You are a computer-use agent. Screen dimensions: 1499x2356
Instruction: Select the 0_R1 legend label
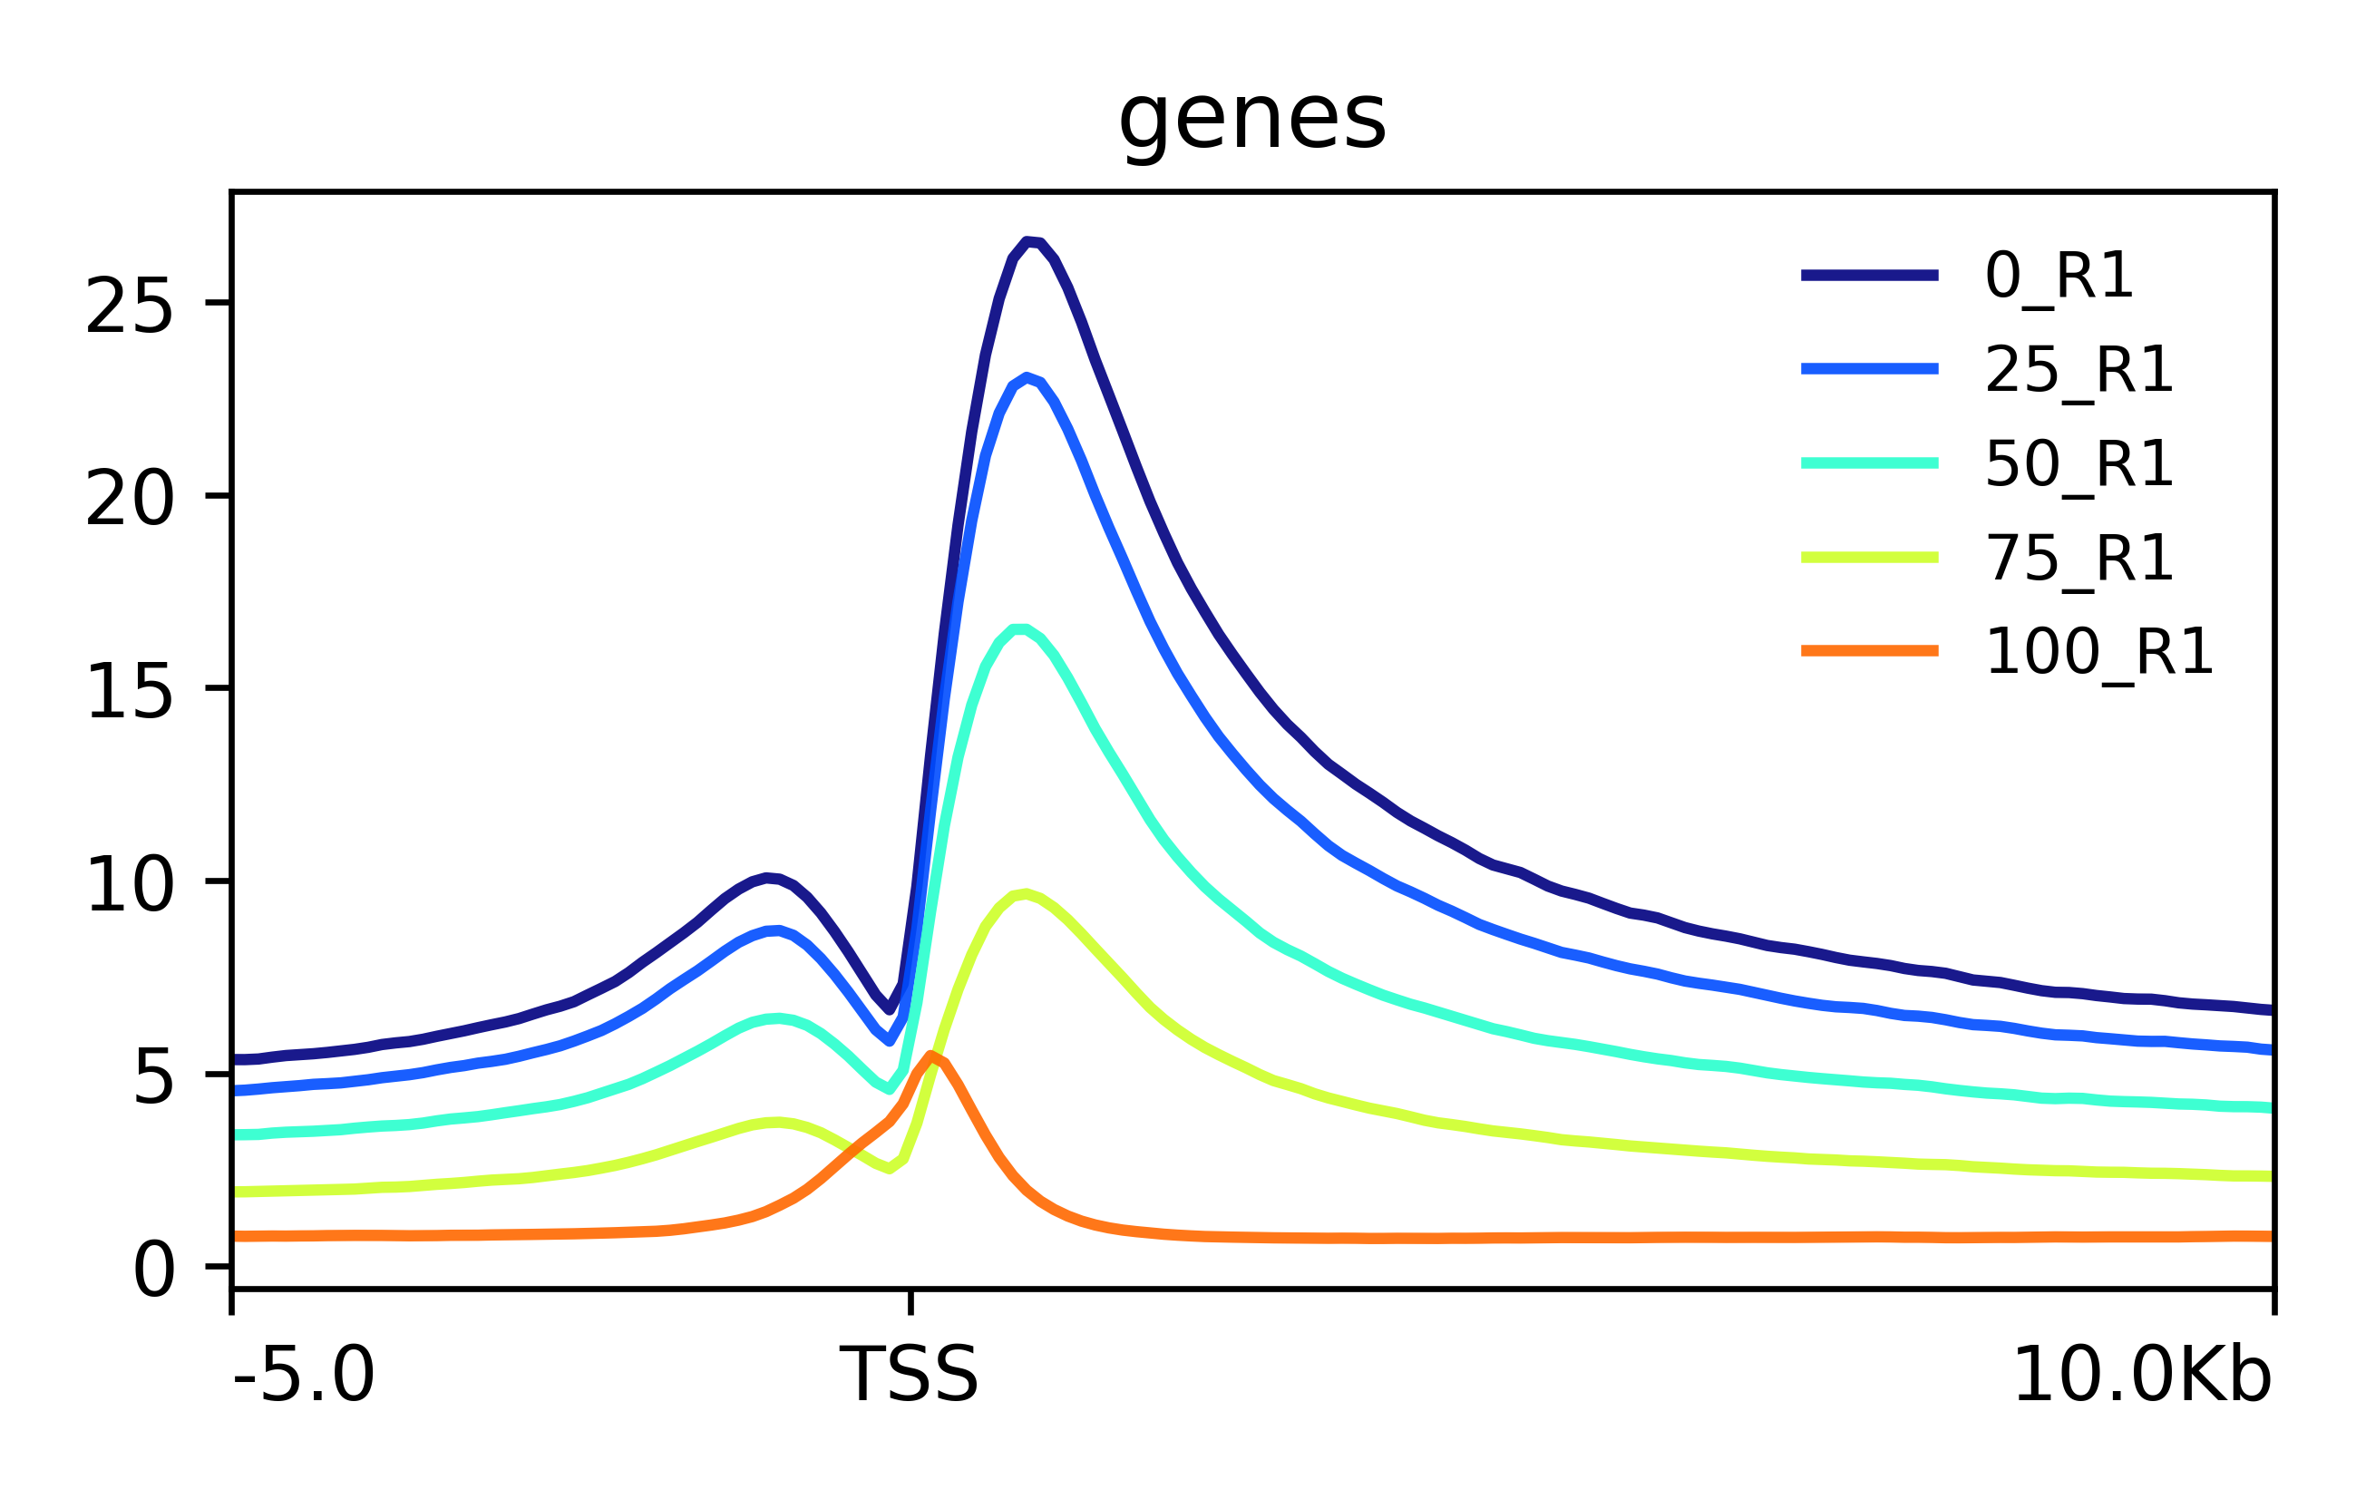[x=2059, y=276]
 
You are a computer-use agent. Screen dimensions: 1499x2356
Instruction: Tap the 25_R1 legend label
[x=2079, y=370]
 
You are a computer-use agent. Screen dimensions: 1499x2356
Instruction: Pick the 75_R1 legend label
[x=2079, y=559]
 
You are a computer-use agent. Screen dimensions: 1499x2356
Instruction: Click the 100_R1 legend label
[x=2098, y=652]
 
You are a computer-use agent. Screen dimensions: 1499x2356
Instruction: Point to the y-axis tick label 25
[x=129, y=307]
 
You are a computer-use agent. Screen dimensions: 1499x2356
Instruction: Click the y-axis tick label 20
[x=129, y=499]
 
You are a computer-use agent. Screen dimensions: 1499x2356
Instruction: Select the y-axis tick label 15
[x=129, y=692]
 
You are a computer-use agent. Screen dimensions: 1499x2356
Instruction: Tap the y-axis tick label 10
[x=129, y=884]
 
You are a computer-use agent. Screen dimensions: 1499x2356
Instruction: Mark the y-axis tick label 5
[x=152, y=1077]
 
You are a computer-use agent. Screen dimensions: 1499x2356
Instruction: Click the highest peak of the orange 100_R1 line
[x=931, y=1055]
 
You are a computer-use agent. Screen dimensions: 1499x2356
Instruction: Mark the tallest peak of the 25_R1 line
[x=1027, y=376]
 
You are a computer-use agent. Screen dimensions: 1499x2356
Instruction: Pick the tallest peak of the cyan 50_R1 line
[x=1017, y=629]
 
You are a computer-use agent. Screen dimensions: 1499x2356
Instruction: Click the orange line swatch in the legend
[x=1869, y=651]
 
